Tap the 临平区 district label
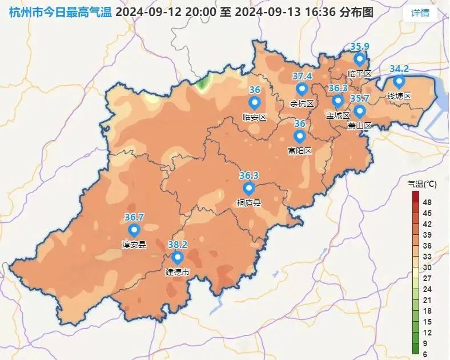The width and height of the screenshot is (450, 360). point(359,74)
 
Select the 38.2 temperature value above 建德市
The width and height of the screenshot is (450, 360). point(178,245)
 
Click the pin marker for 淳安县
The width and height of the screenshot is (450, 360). point(134,230)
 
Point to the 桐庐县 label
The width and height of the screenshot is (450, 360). point(248,202)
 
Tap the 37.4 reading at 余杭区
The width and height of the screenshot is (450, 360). point(302,76)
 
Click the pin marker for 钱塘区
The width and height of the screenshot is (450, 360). point(399,82)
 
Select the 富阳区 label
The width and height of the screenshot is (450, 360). point(299,151)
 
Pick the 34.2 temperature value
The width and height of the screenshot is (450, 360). point(399,69)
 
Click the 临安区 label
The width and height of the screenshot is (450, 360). point(255,117)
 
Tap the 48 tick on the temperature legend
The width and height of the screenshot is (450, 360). point(427,202)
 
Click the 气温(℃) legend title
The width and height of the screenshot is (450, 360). point(422,184)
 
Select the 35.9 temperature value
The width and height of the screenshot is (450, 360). point(359,47)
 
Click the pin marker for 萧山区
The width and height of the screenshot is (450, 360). point(359,111)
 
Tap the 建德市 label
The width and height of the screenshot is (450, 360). point(177,272)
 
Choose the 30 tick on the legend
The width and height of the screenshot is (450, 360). point(427,267)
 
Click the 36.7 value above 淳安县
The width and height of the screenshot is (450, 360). point(134,217)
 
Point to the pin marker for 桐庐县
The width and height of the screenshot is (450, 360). point(248,189)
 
